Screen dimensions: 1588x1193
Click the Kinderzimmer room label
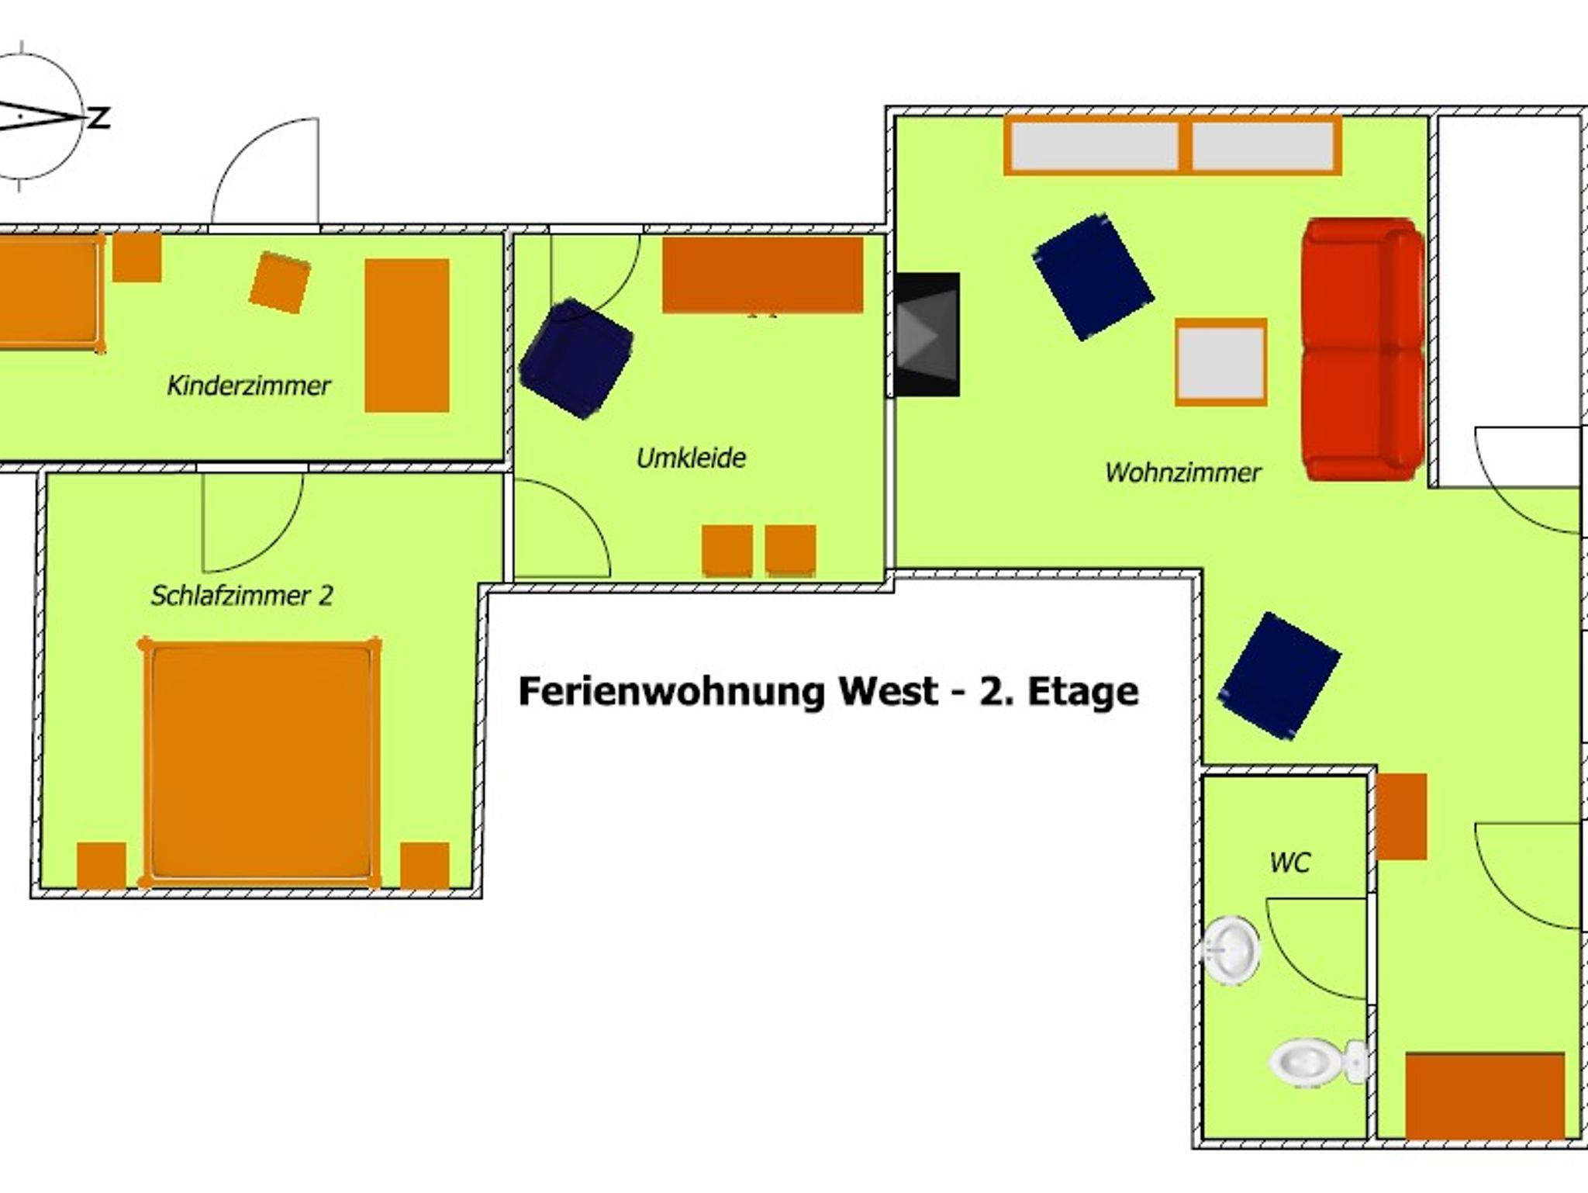tap(249, 386)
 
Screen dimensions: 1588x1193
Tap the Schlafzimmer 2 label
tap(242, 596)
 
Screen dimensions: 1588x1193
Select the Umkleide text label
tap(691, 458)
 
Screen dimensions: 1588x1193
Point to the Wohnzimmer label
tap(1183, 472)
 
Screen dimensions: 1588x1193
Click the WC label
tap(1290, 863)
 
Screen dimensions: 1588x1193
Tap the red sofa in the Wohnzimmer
tap(1363, 350)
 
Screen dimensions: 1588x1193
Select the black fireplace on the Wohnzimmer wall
tap(927, 334)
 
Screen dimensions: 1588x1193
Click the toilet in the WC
tap(1317, 1062)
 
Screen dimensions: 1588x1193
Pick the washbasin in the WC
tap(1231, 949)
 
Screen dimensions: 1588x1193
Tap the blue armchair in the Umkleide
tap(576, 358)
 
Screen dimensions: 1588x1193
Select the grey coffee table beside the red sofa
tap(1220, 362)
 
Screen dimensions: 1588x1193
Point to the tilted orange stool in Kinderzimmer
tap(280, 282)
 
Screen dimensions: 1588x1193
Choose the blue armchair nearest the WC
tap(1279, 676)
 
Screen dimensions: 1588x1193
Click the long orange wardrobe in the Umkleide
tap(763, 275)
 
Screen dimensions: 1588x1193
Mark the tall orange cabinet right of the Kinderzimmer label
tap(407, 335)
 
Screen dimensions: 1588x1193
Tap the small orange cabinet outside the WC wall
tap(1402, 816)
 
